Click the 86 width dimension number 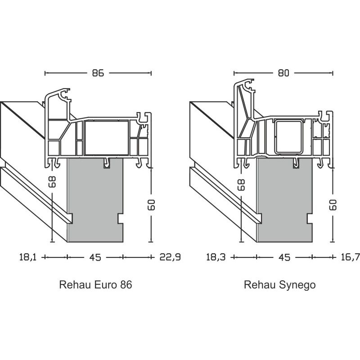[98, 73]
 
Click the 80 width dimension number [283, 73]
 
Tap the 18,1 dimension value [27, 257]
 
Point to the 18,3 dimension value [215, 257]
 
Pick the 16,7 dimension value [351, 257]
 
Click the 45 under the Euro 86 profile [95, 257]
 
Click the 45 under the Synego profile [284, 257]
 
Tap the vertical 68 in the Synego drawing [242, 184]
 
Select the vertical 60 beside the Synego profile [333, 205]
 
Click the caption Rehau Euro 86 [95, 285]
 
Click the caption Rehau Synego [280, 285]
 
